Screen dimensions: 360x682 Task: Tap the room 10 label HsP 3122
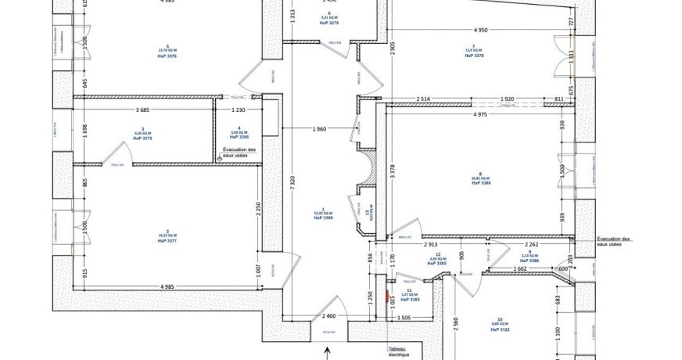coord(500,330)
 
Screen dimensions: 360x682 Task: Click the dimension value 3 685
coord(142,110)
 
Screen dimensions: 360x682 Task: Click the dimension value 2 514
coord(422,99)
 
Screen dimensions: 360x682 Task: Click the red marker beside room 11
coord(389,298)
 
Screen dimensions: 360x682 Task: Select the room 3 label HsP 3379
coord(142,138)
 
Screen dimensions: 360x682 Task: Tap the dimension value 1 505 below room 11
coord(404,319)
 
